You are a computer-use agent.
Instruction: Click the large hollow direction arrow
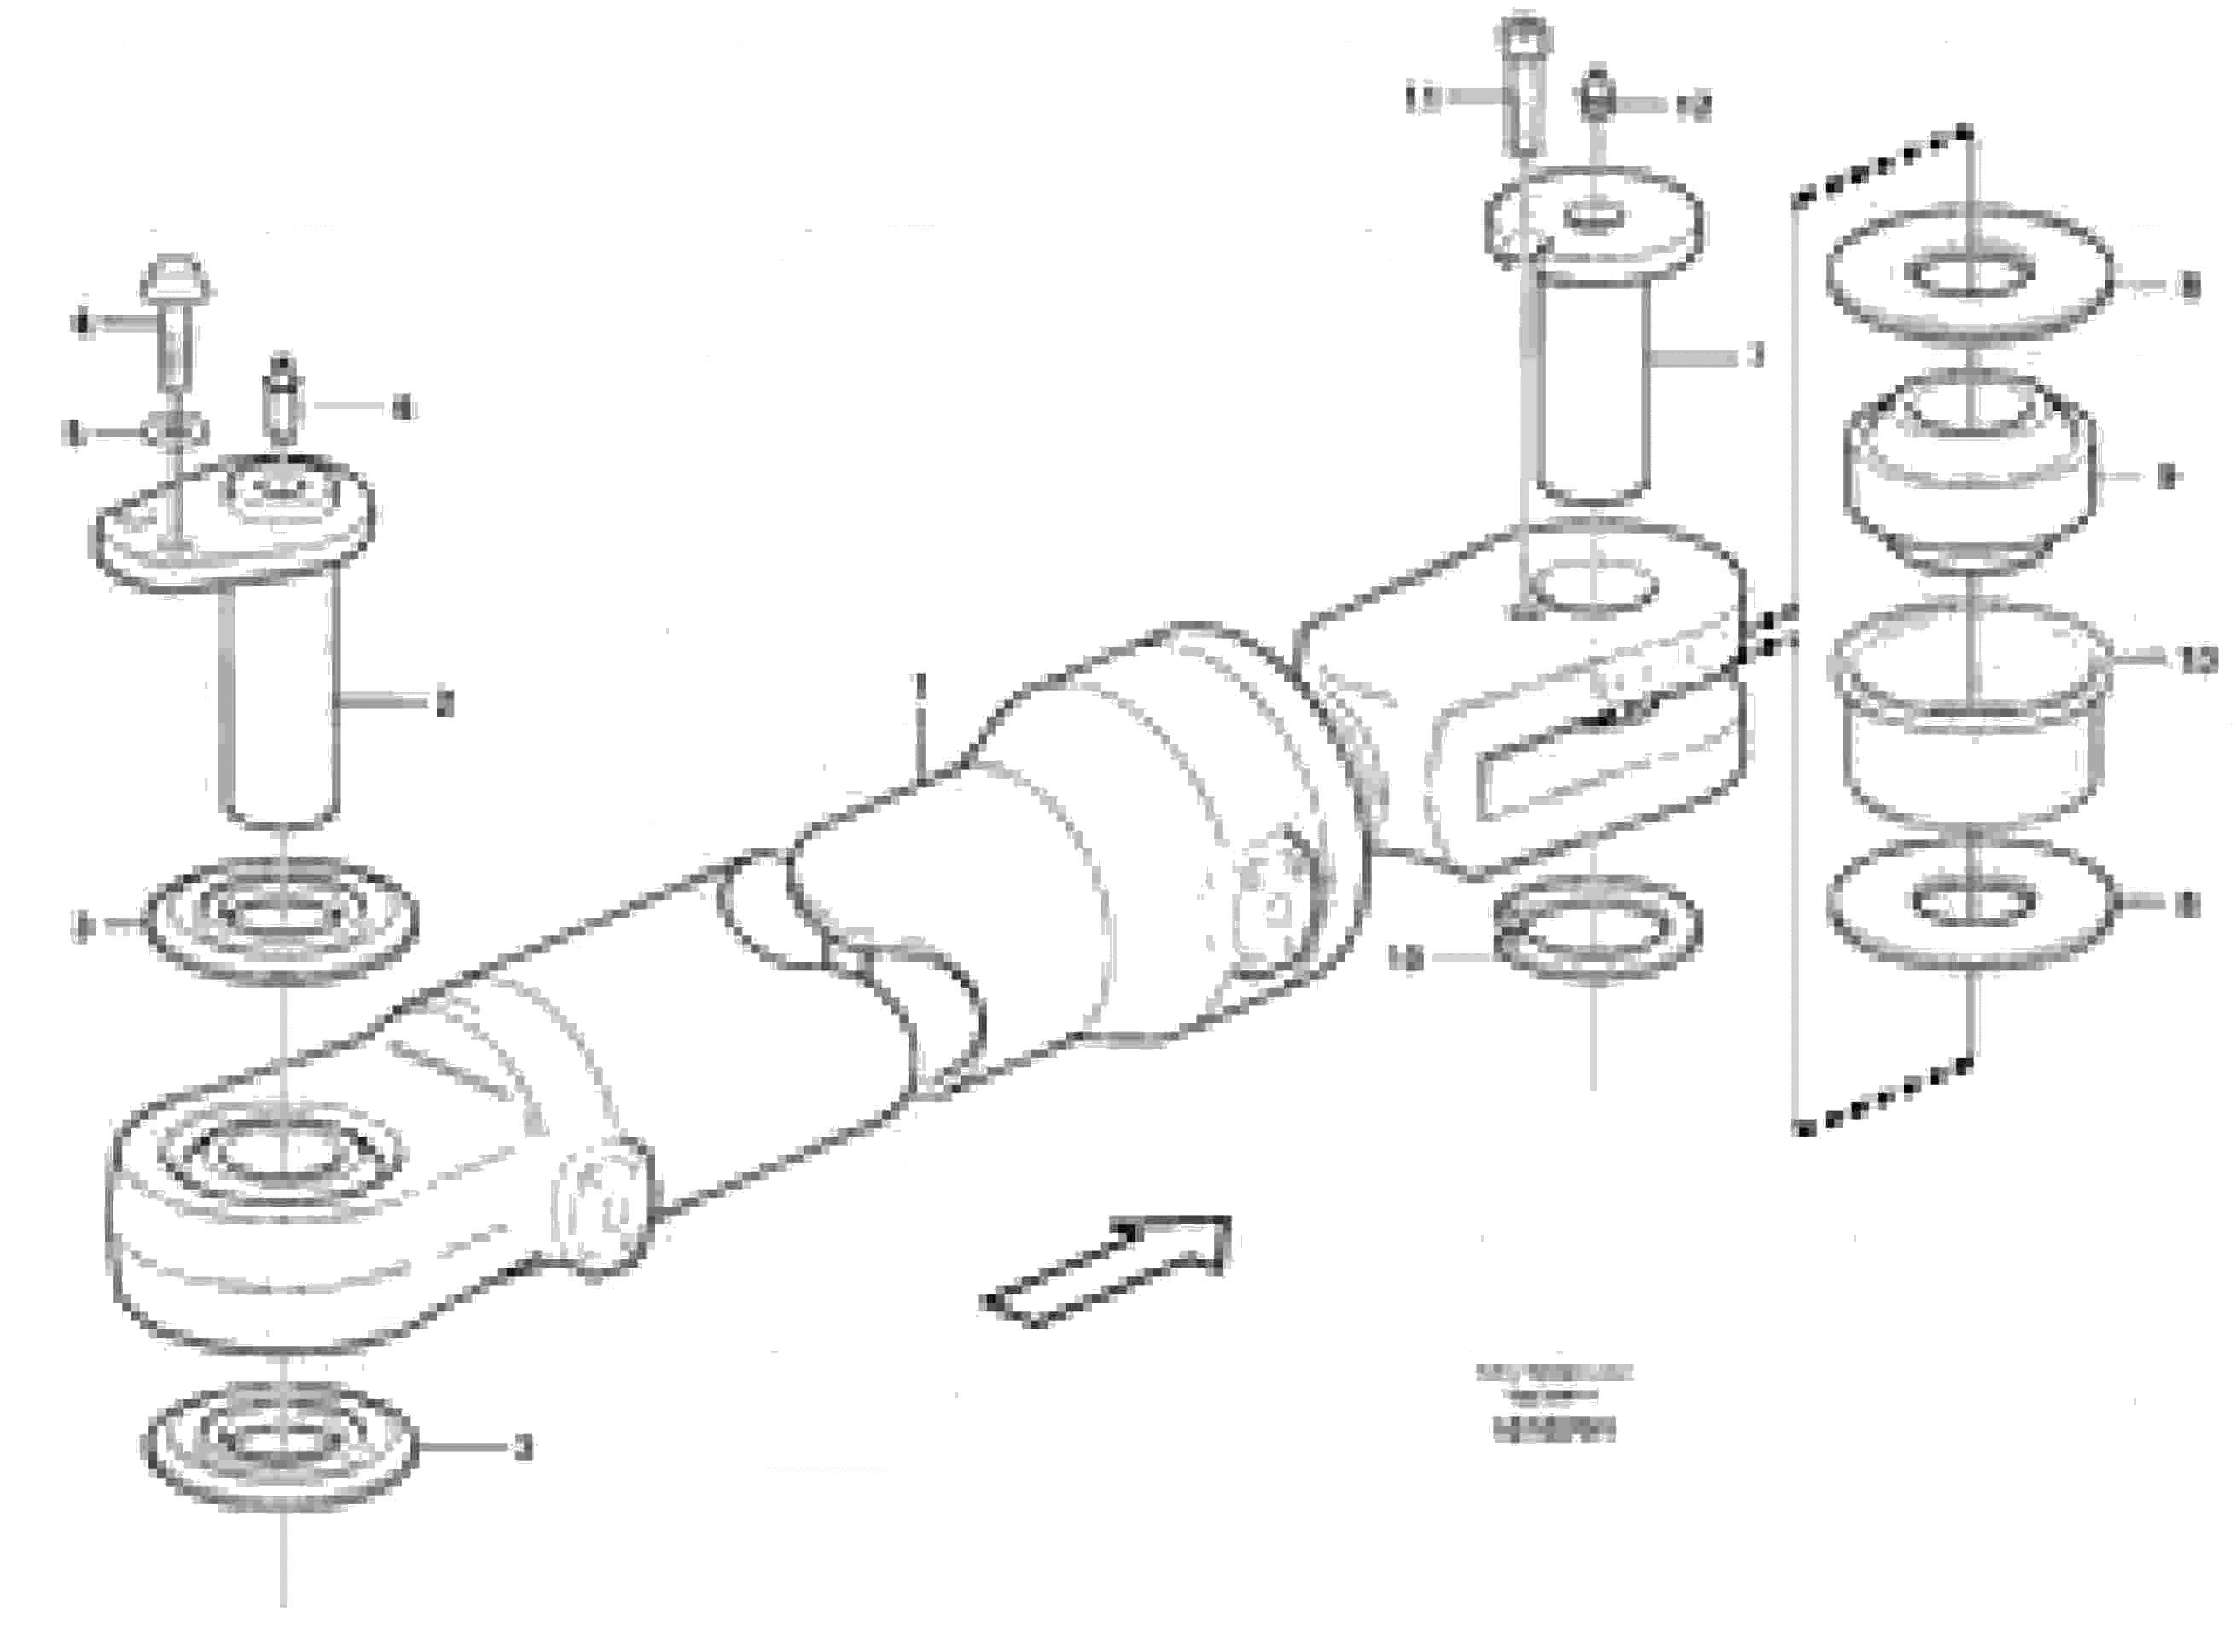[1105, 1274]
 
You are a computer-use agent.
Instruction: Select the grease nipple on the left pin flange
[282, 398]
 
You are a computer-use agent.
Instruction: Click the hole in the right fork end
[1593, 588]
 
